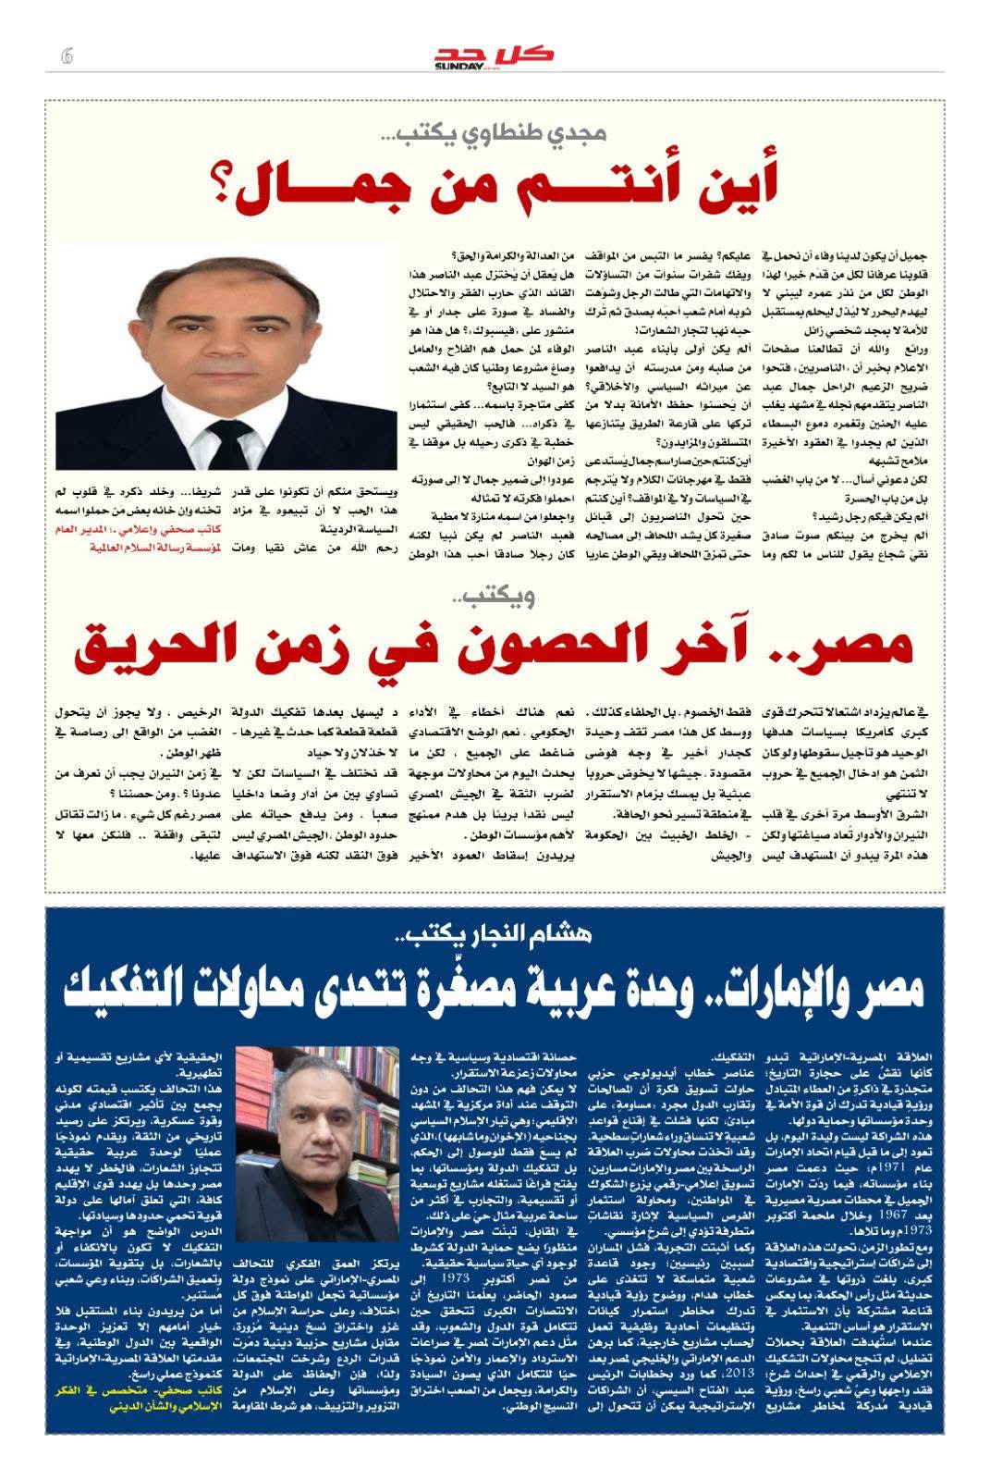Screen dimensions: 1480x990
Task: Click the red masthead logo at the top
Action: (x=495, y=55)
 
